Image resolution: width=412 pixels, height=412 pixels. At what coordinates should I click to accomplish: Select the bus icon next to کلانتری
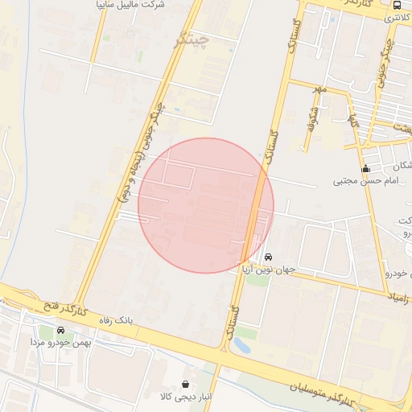pyautogui.click(x=398, y=6)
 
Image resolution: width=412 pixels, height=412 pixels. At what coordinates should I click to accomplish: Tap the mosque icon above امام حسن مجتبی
pyautogui.click(x=366, y=169)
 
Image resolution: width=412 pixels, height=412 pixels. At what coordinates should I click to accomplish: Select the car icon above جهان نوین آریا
pyautogui.click(x=268, y=257)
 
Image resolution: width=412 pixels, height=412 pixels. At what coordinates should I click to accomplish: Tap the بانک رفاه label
pyautogui.click(x=113, y=320)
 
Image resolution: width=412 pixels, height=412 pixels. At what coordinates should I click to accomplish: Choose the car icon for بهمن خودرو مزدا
pyautogui.click(x=60, y=331)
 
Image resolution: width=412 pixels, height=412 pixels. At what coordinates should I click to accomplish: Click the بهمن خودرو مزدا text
pyautogui.click(x=60, y=343)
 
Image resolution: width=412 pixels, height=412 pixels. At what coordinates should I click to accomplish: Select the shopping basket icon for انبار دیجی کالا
pyautogui.click(x=187, y=384)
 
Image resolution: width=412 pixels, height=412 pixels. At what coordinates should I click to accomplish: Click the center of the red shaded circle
pyautogui.click(x=206, y=205)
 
